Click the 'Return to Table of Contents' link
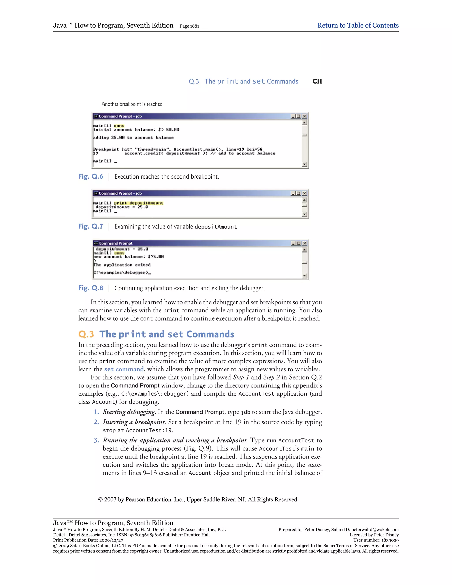tap(358, 25)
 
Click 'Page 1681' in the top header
tap(189, 26)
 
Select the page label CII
tap(317, 81)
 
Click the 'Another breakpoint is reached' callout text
tap(132, 104)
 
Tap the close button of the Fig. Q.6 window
tap(304, 116)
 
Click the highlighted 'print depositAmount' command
tap(139, 203)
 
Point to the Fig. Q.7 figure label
tap(90, 226)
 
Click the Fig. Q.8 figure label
tap(90, 288)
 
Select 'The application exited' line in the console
tap(122, 265)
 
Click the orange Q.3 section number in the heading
tap(86, 334)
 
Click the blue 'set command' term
tap(124, 369)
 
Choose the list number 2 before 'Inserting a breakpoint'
tap(96, 422)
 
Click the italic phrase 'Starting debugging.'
tap(129, 412)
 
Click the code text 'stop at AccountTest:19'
tap(137, 430)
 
